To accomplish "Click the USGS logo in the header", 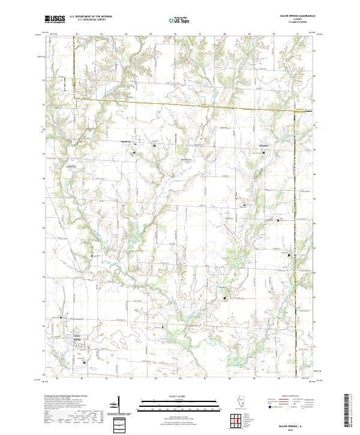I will (55, 19).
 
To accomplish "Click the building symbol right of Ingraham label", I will (154, 145).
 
